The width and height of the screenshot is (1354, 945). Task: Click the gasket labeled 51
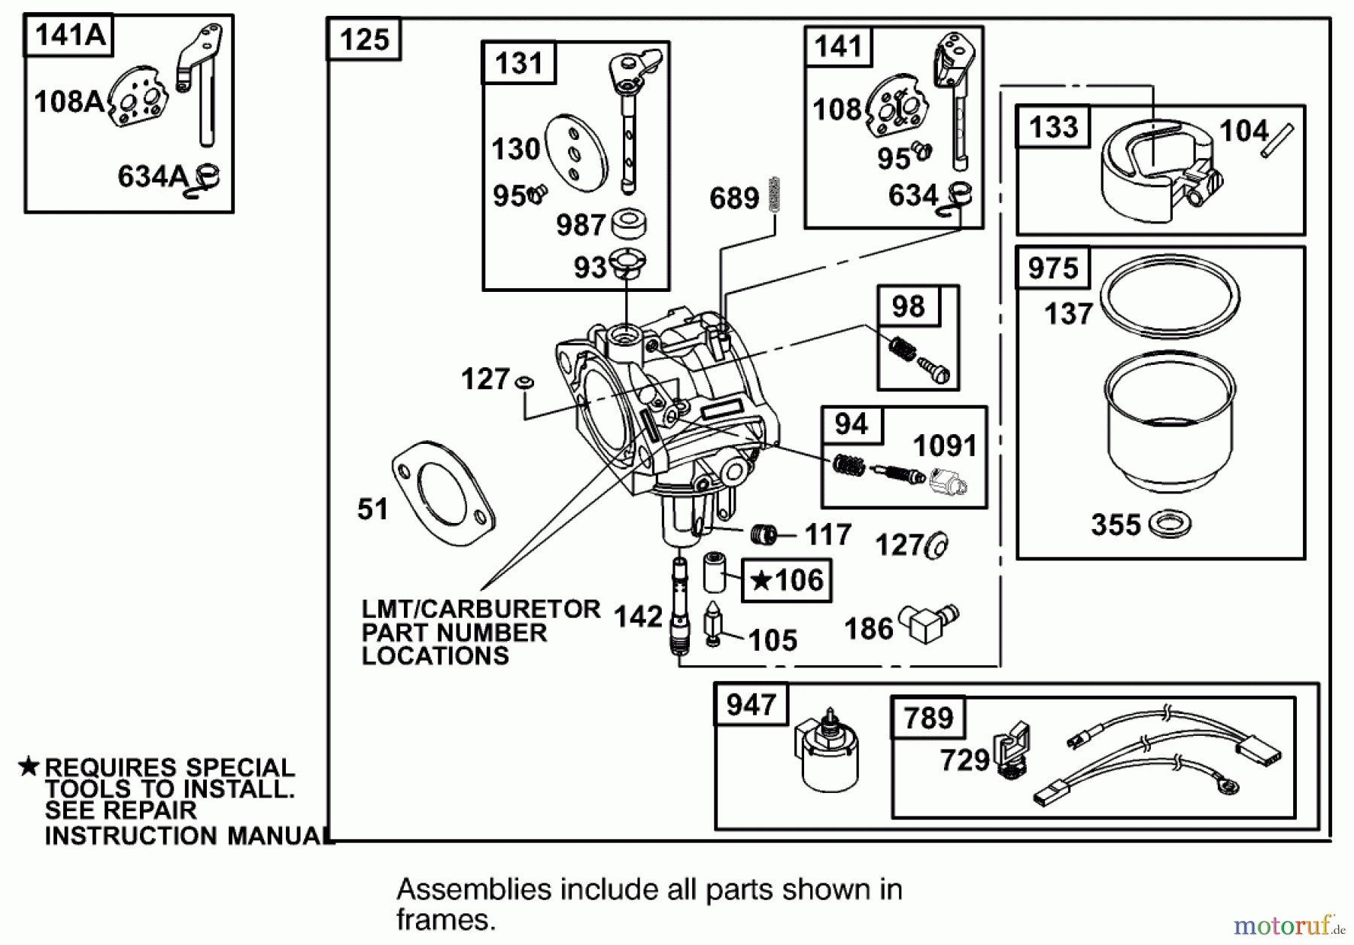click(x=444, y=493)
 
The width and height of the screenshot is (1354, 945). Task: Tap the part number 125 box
click(x=364, y=39)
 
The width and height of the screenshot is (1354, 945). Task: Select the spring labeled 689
click(x=775, y=194)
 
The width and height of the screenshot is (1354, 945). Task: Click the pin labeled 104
click(x=1277, y=141)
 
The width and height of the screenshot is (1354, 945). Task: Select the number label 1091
click(x=944, y=446)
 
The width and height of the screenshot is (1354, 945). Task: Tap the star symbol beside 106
click(x=761, y=580)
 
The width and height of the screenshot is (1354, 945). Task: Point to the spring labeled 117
click(x=764, y=535)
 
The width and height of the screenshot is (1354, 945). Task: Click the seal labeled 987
click(x=628, y=223)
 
